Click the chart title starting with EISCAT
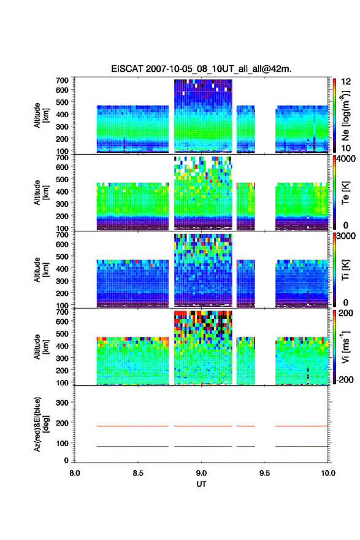(x=201, y=69)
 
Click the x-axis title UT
(x=201, y=484)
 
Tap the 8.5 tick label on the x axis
(x=138, y=473)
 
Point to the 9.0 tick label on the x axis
(x=201, y=473)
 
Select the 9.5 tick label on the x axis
(x=265, y=473)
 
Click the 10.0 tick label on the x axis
(x=327, y=473)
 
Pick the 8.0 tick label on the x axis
(x=75, y=473)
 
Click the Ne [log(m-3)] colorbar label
(x=345, y=115)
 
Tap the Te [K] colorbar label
(x=345, y=193)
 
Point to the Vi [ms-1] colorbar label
(x=345, y=347)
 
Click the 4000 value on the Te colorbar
(x=347, y=159)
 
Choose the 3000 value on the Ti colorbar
(x=347, y=236)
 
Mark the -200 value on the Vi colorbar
(x=344, y=379)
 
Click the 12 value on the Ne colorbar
(x=346, y=82)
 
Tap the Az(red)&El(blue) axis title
(x=40, y=424)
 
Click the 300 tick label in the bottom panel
(x=63, y=403)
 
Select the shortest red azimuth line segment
(x=246, y=426)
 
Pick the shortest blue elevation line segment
(x=246, y=446)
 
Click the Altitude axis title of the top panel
(x=40, y=115)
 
